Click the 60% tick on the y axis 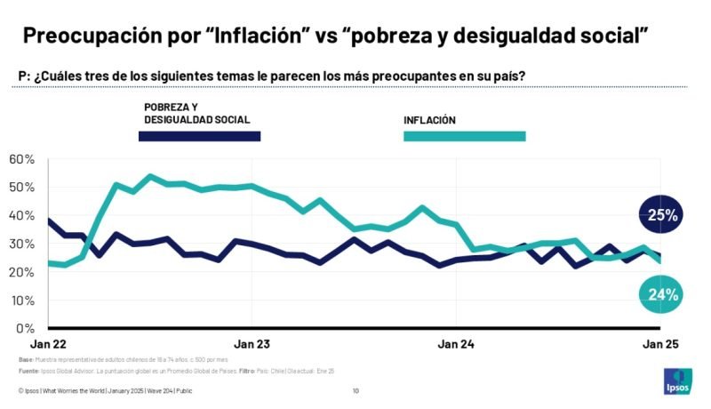pyautogui.click(x=21, y=159)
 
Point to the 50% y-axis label pyautogui.click(x=21, y=188)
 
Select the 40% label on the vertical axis pyautogui.click(x=21, y=216)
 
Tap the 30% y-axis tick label pyautogui.click(x=21, y=244)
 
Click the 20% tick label pyautogui.click(x=21, y=272)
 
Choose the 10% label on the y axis pyautogui.click(x=21, y=301)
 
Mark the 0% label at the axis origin pyautogui.click(x=25, y=328)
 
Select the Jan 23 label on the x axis pyautogui.click(x=252, y=344)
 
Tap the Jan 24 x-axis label pyautogui.click(x=456, y=344)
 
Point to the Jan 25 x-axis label pyautogui.click(x=660, y=344)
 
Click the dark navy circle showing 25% pyautogui.click(x=663, y=215)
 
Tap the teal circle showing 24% pyautogui.click(x=663, y=294)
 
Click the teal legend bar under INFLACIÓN pyautogui.click(x=464, y=136)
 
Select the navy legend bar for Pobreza pyautogui.click(x=199, y=136)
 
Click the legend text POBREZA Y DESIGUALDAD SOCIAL pyautogui.click(x=196, y=113)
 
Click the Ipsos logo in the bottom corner pyautogui.click(x=675, y=381)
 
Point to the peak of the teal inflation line pyautogui.click(x=149, y=176)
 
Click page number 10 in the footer pyautogui.click(x=355, y=391)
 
